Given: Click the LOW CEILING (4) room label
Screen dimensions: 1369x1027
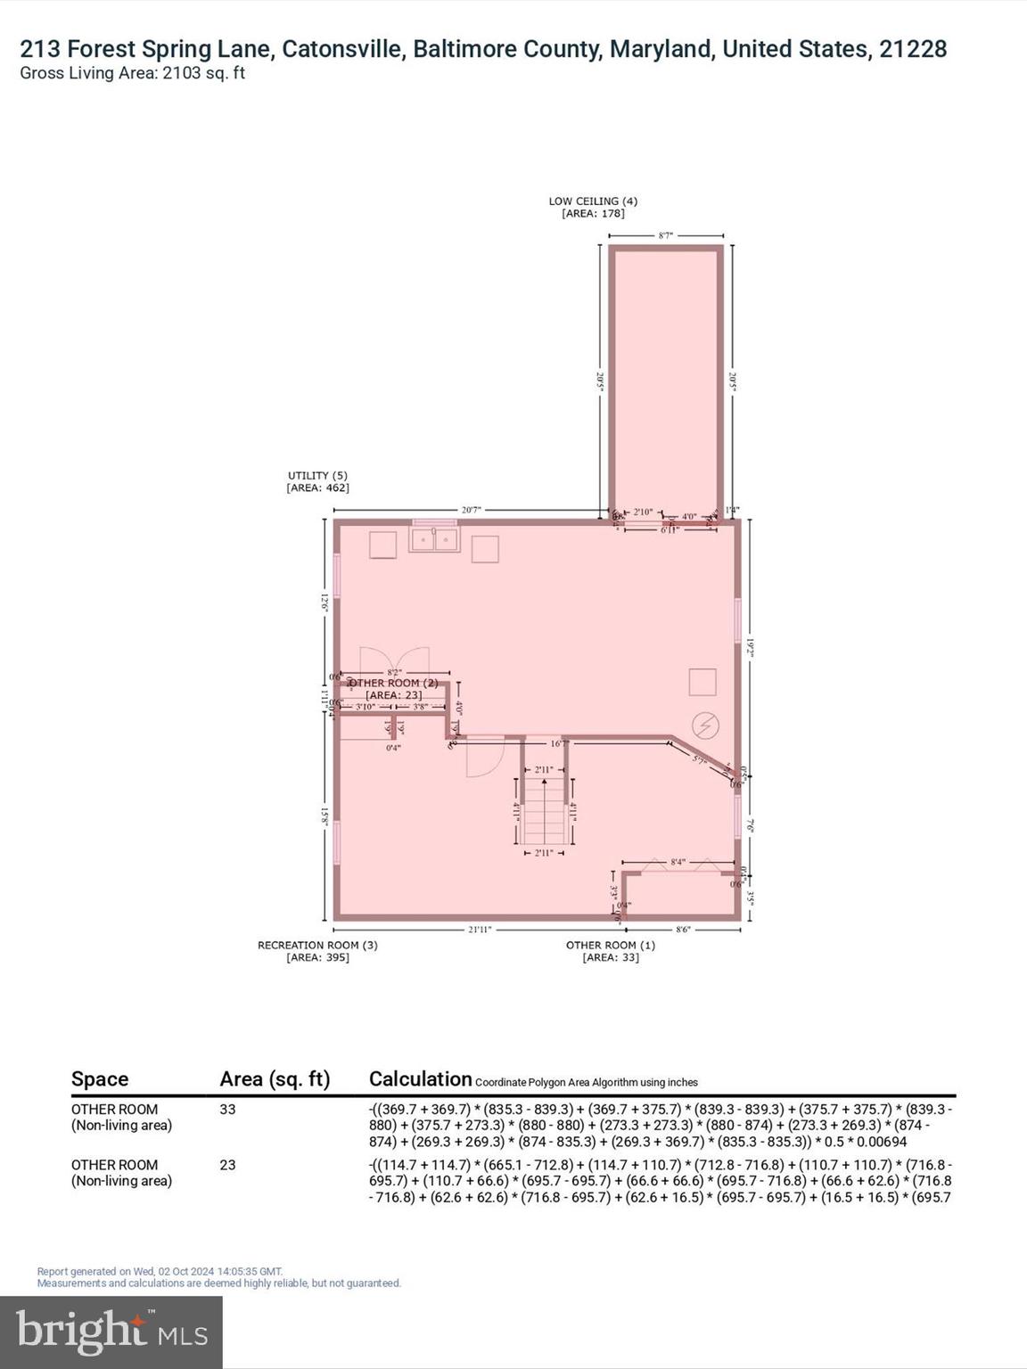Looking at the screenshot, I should [x=593, y=201].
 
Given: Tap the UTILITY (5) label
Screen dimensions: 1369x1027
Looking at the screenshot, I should [x=317, y=476].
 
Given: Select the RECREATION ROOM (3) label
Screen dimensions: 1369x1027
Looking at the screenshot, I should [x=317, y=945].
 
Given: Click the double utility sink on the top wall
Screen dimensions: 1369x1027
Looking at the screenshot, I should [x=434, y=539].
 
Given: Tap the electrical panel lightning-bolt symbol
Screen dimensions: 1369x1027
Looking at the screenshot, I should [x=706, y=725].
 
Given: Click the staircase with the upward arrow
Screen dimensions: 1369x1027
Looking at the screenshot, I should [x=544, y=811].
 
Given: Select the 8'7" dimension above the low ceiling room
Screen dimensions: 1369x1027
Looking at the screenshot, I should [x=665, y=235].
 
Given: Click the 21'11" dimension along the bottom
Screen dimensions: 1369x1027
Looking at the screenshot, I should [x=480, y=930].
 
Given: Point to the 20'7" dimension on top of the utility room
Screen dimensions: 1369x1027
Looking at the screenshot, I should [x=472, y=510].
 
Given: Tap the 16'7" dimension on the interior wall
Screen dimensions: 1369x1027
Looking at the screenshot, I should [x=559, y=743].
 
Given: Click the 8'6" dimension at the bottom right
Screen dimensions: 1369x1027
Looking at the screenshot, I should [x=683, y=930].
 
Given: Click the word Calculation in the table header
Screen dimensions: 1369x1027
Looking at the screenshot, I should [x=420, y=1078].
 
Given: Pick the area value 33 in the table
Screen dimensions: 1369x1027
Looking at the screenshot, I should [x=227, y=1110].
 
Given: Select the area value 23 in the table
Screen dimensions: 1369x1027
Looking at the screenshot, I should [x=227, y=1165].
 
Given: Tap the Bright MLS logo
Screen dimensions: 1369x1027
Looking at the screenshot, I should [x=111, y=1332].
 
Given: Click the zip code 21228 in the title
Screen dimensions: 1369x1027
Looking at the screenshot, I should [x=913, y=49].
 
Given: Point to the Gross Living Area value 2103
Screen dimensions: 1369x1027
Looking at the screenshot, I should [x=182, y=73].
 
